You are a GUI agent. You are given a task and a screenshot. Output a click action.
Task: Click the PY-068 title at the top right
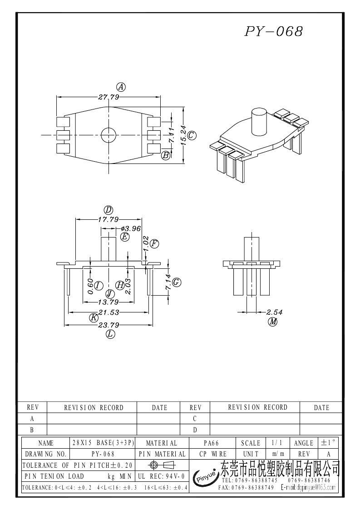tap(274, 31)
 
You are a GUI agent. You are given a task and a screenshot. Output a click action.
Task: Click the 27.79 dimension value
tap(108, 97)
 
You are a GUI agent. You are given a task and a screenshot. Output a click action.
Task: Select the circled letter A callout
tap(121, 87)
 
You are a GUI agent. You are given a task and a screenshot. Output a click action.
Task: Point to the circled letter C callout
tap(192, 135)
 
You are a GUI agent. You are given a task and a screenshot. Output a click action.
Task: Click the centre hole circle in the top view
tap(108, 134)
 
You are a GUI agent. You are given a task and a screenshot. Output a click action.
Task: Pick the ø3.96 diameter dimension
tap(131, 228)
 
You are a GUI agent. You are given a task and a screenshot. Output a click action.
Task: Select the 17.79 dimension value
tap(108, 219)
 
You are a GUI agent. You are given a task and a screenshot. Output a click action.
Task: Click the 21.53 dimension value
tap(108, 312)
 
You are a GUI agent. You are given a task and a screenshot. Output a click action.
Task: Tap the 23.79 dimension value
tap(108, 325)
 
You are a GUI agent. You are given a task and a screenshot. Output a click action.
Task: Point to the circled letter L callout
tap(110, 334)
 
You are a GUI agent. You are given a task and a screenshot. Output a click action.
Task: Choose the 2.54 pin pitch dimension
tap(275, 312)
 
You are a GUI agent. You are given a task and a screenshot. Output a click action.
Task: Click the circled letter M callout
tap(272, 322)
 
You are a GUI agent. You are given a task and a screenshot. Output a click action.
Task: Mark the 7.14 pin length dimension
tap(168, 282)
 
